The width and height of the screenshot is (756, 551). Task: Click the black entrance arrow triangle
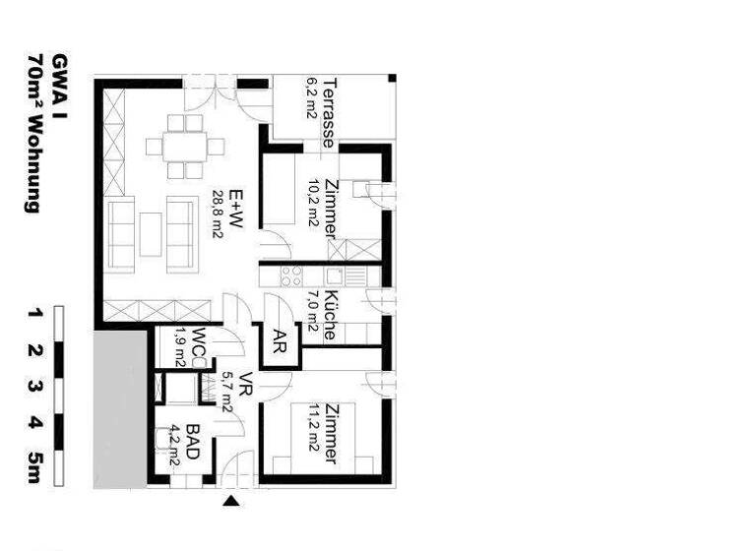coord(232,502)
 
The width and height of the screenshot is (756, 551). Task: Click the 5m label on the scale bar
coord(34,465)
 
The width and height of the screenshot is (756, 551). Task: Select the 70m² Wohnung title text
coord(34,134)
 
